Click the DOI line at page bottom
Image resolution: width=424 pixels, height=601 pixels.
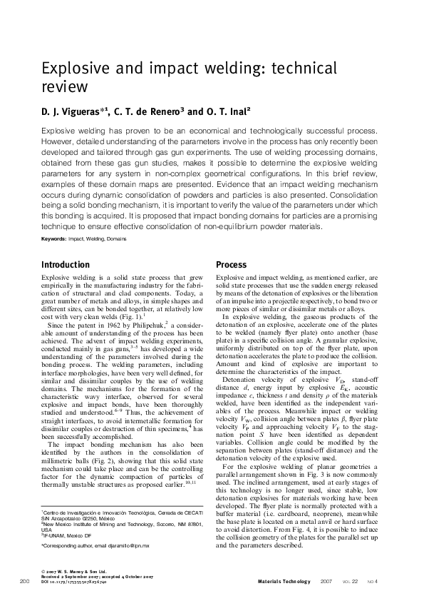tap(74, 583)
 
